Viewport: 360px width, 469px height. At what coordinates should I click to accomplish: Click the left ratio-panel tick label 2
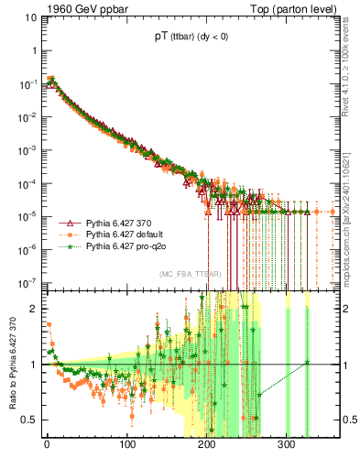[36, 309]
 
